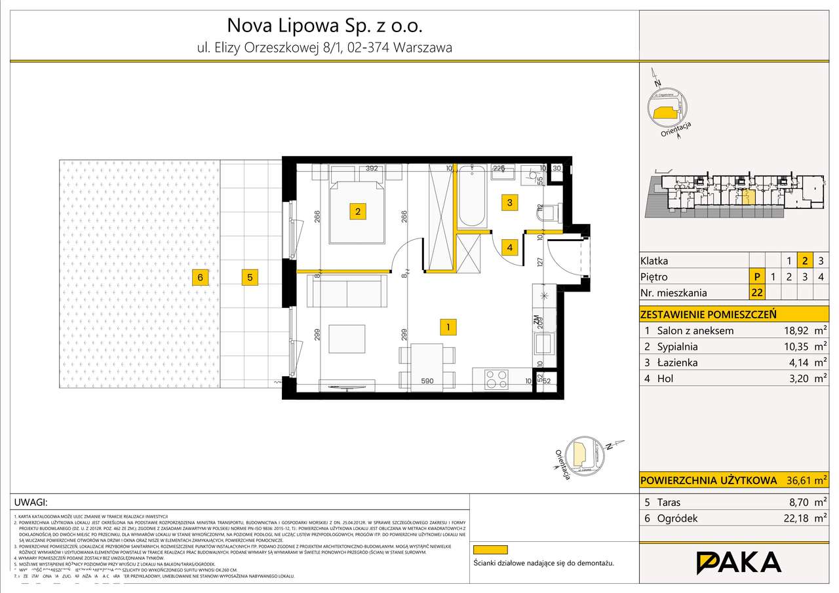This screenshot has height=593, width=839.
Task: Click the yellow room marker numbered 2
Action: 357,212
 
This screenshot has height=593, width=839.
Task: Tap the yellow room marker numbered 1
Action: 447,327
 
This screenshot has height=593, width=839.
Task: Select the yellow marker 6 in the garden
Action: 201,278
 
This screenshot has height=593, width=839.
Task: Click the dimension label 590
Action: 427,381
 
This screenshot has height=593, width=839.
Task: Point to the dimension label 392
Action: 372,168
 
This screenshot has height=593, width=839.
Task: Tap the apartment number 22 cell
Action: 757,293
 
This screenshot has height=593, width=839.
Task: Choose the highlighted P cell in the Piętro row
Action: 757,277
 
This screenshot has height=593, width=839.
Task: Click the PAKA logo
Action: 738,563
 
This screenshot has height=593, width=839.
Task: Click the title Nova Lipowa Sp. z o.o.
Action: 324,26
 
